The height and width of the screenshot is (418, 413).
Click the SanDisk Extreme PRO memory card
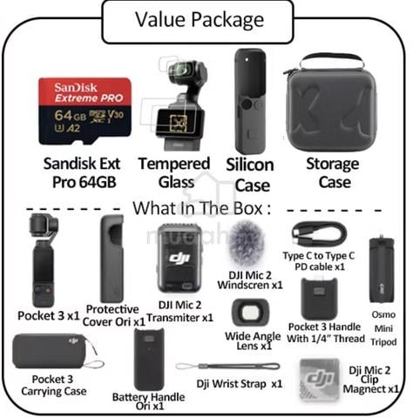pyautogui.click(x=85, y=111)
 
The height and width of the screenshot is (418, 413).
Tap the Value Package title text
pyautogui.click(x=200, y=20)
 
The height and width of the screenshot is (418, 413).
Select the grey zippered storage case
pyautogui.click(x=329, y=103)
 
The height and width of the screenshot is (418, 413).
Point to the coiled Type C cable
pyautogui.click(x=319, y=234)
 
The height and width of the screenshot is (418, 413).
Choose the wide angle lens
pyautogui.click(x=250, y=313)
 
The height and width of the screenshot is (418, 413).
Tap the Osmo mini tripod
pyautogui.click(x=382, y=270)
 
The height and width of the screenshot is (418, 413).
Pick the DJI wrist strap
pyautogui.click(x=228, y=367)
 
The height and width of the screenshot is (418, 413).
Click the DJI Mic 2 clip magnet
pyautogui.click(x=320, y=379)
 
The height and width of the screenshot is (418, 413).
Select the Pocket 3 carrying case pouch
pyautogui.click(x=54, y=351)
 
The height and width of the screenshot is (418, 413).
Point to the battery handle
pyautogui.click(x=149, y=360)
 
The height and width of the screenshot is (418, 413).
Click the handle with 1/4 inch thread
pyautogui.click(x=319, y=299)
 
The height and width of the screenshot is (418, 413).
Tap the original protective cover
pyautogui.click(x=112, y=260)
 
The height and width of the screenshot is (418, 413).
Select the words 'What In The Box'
pyautogui.click(x=198, y=208)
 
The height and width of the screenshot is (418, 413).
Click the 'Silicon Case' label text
pyautogui.click(x=250, y=175)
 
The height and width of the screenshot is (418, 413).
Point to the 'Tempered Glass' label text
pyautogui.click(x=174, y=172)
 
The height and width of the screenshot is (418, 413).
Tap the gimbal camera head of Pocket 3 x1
pyautogui.click(x=44, y=226)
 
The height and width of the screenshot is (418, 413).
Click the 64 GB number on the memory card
pyautogui.click(x=71, y=116)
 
